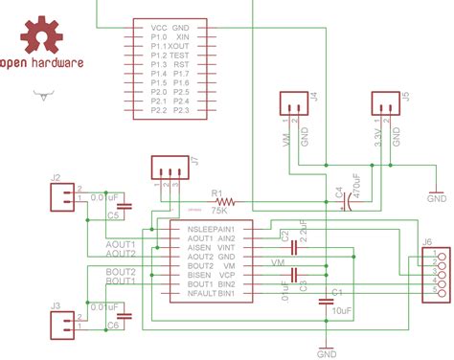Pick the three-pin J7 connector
point(170,169)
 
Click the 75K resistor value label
point(219,208)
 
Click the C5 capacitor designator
point(113,216)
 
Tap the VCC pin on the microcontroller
point(160,29)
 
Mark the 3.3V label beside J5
point(380,142)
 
